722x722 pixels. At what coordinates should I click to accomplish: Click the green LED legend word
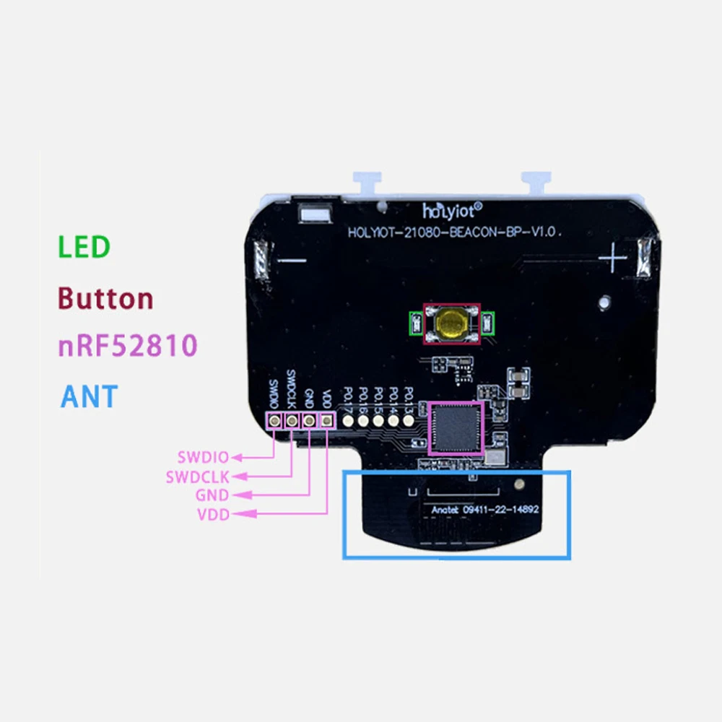[x=84, y=247]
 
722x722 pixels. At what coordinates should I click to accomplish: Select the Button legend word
[x=105, y=298]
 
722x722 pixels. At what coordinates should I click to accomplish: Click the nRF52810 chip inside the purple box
[x=455, y=428]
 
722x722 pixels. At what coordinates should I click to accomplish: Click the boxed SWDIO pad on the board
[x=274, y=420]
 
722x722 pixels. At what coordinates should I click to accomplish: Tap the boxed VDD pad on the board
[x=327, y=420]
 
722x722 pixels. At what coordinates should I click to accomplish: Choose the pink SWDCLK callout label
[x=197, y=477]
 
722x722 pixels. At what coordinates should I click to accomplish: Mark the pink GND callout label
[x=212, y=495]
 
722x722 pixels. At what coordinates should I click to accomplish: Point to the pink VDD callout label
[x=212, y=514]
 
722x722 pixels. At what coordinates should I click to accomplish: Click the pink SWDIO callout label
[x=202, y=457]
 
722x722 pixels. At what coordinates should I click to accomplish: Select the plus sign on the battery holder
[x=613, y=256]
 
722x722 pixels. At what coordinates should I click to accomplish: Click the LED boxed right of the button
[x=489, y=321]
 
